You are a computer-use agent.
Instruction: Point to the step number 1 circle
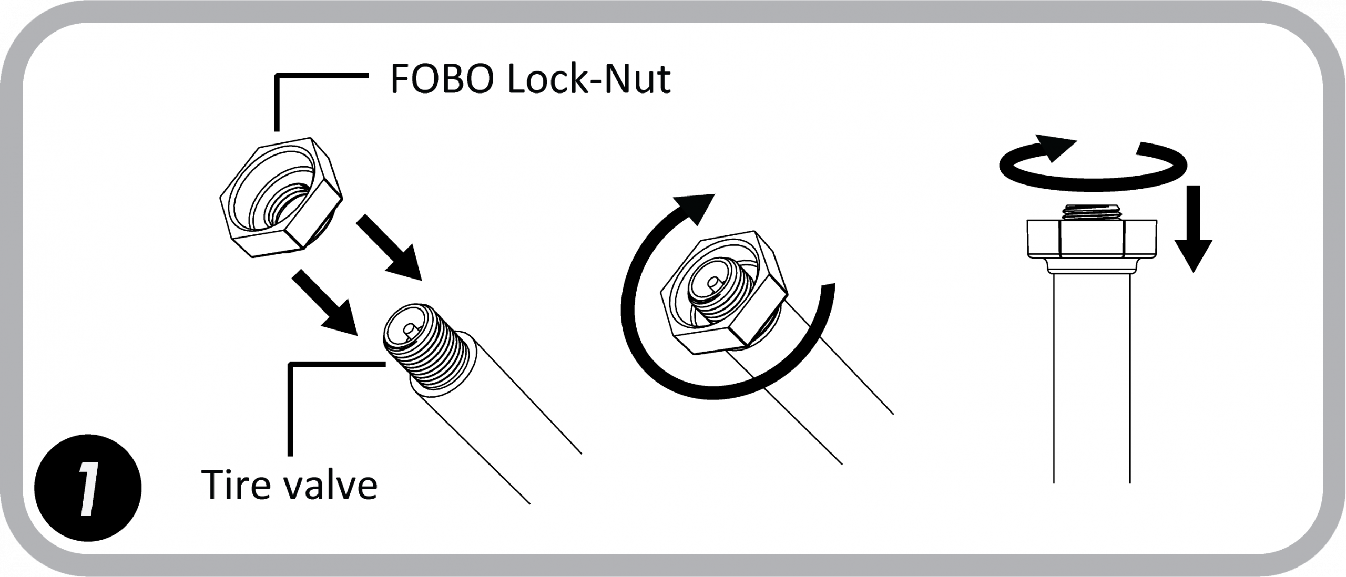(x=87, y=488)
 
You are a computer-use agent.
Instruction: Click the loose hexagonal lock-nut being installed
(x=281, y=197)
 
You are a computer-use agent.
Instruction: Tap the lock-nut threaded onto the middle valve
(x=723, y=292)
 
